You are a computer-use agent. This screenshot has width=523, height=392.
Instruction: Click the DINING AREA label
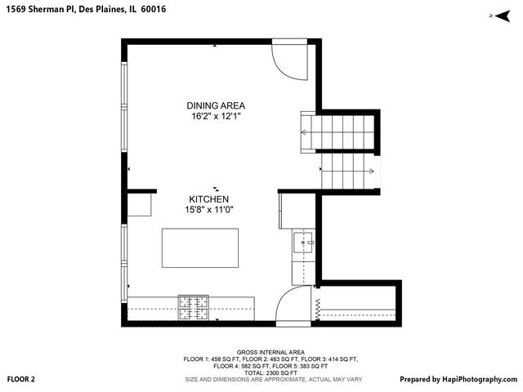216,105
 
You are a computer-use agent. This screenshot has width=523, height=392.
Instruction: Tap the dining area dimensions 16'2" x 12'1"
216,117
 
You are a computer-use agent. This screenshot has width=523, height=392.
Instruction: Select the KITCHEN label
209,199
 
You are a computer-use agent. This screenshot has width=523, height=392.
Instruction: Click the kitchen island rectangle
201,247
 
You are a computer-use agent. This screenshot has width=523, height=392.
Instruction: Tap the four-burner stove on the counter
194,308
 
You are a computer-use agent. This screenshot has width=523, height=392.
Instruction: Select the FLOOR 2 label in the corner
21,380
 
